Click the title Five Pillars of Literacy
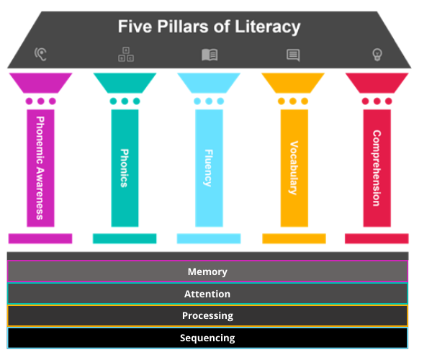(x=209, y=27)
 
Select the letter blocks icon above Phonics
(x=125, y=54)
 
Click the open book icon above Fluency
(x=210, y=55)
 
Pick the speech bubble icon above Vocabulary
(x=293, y=55)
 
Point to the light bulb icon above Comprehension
(x=377, y=54)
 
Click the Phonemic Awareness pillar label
(x=40, y=168)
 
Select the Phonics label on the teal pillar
(x=125, y=168)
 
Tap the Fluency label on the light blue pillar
(x=209, y=168)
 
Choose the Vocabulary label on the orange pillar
(x=293, y=168)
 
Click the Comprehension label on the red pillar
(x=377, y=168)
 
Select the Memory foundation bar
(x=207, y=271)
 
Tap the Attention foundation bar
(x=207, y=294)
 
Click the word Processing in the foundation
(x=207, y=315)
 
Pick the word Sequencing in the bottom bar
(x=207, y=338)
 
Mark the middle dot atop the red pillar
(x=377, y=102)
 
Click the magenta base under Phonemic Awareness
(x=40, y=238)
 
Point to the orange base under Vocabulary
(x=293, y=238)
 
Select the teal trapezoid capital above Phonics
(x=125, y=82)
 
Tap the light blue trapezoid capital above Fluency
(x=209, y=82)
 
